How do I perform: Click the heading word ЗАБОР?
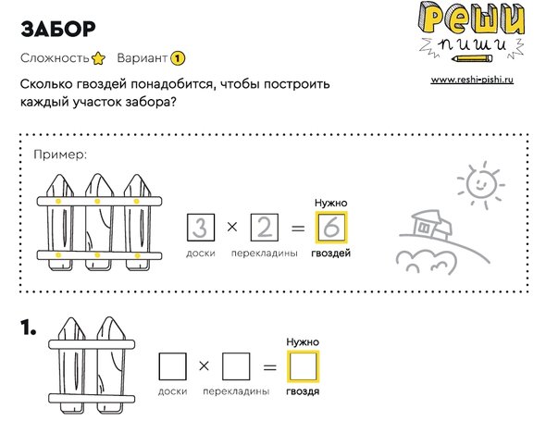click(x=58, y=29)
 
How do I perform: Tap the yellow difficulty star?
click(x=98, y=58)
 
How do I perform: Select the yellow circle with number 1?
click(x=178, y=58)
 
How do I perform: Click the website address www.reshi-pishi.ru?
click(x=472, y=80)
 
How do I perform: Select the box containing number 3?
click(x=201, y=228)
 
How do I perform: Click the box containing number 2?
click(x=265, y=228)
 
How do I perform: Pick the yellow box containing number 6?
click(x=331, y=228)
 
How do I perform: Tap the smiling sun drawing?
click(x=481, y=184)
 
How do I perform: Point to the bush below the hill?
click(x=426, y=261)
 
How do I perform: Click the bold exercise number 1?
click(x=28, y=328)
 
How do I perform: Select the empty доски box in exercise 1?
click(x=172, y=366)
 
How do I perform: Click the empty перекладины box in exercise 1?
click(x=236, y=366)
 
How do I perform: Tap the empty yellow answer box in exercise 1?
click(x=303, y=366)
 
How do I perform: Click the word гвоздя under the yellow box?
click(x=303, y=391)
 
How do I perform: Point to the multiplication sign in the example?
click(x=232, y=227)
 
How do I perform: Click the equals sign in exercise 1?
click(x=269, y=367)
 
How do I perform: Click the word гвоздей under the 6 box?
click(x=330, y=253)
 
